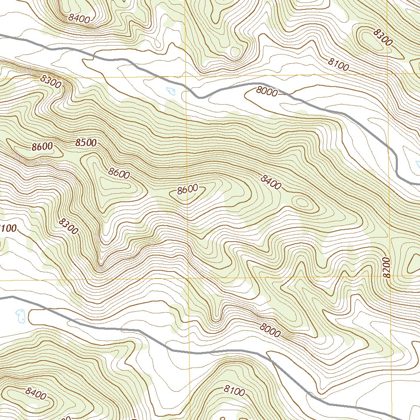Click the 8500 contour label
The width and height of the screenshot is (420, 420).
click(x=86, y=143)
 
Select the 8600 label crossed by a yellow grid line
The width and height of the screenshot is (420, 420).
click(x=188, y=189)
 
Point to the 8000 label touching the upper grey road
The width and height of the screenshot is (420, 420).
click(x=267, y=91)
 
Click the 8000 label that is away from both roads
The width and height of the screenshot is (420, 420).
click(x=270, y=330)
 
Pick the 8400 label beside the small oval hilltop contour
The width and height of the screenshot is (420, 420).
click(x=271, y=183)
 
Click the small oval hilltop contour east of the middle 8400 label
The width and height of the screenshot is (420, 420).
click(x=301, y=202)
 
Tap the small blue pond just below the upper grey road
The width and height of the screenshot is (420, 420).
click(x=171, y=91)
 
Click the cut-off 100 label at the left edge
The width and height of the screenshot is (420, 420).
click(x=8, y=228)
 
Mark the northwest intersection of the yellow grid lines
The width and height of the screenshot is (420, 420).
click(x=186, y=76)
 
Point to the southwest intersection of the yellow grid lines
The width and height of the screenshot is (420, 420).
click(x=188, y=279)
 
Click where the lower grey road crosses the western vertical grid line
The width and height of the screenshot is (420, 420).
click(x=189, y=352)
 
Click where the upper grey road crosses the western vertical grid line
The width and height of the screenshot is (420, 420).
click(x=186, y=90)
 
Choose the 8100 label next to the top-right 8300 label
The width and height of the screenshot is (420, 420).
click(x=338, y=65)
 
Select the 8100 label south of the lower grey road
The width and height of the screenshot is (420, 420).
click(x=235, y=390)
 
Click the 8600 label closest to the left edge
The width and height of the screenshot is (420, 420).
click(x=42, y=146)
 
